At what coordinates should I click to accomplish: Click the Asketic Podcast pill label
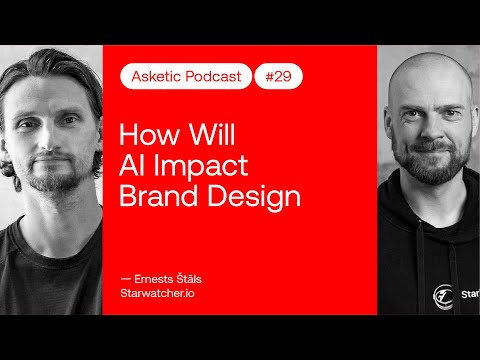186,76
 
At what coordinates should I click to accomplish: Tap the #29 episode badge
279,76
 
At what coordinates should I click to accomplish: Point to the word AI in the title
132,165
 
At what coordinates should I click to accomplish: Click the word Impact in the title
196,165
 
